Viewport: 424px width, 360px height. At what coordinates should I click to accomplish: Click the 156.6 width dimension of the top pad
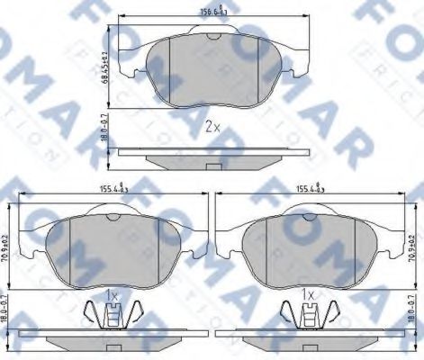(x=212, y=13)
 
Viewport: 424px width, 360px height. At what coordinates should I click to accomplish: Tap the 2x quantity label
(x=212, y=126)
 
